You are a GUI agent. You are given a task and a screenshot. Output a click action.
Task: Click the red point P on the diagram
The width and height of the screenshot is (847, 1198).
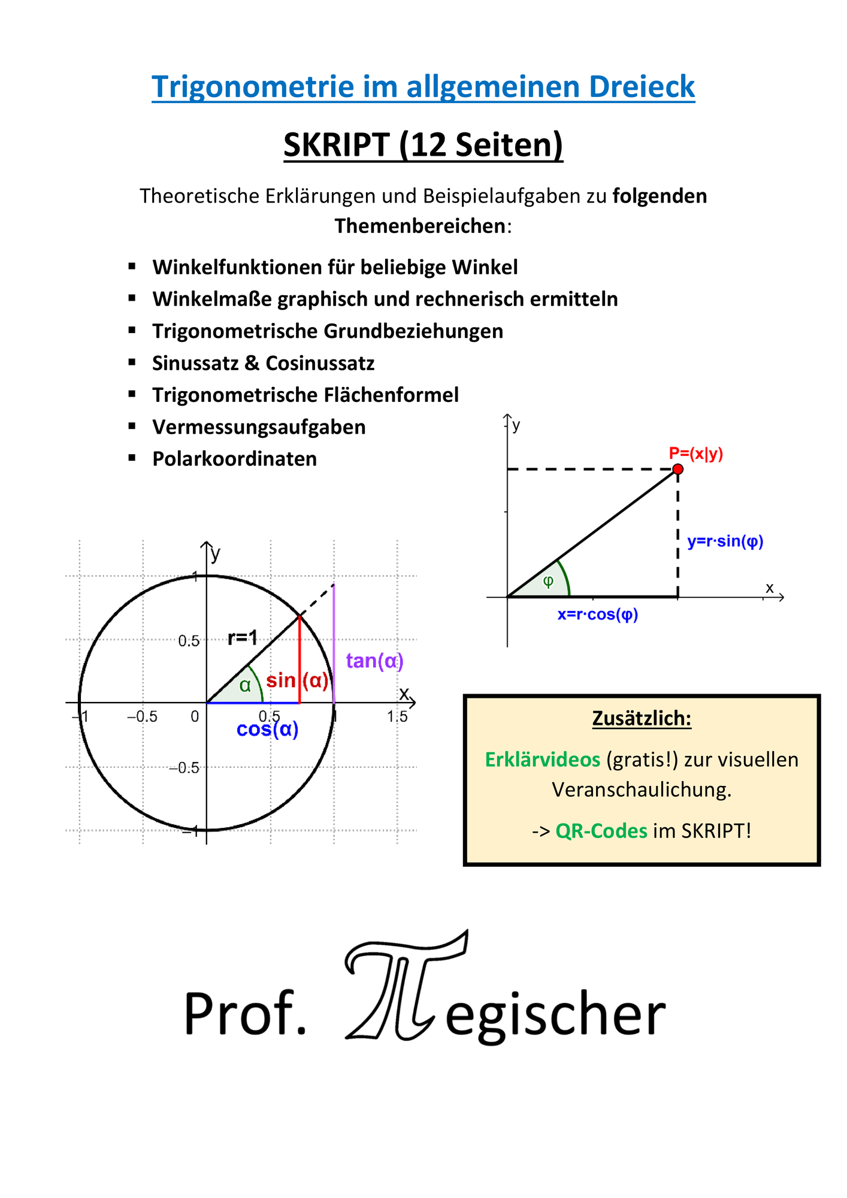(677, 469)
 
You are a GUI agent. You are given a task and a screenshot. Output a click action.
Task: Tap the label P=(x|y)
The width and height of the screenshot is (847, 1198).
(696, 453)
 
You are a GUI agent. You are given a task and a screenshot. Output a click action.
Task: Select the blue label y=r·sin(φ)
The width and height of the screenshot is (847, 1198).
(725, 541)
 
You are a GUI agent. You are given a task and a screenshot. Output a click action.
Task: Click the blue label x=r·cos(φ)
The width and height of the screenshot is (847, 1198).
(598, 615)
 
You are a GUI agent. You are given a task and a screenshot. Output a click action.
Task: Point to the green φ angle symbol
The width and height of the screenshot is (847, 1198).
(548, 581)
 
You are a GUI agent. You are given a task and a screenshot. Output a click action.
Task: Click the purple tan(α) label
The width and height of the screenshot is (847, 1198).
(375, 661)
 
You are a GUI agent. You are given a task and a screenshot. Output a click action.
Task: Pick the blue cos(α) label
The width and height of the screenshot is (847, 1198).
(268, 729)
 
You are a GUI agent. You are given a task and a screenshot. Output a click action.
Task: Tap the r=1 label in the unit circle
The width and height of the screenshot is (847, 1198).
(243, 638)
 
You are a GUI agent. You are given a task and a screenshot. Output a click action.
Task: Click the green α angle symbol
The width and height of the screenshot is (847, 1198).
(245, 686)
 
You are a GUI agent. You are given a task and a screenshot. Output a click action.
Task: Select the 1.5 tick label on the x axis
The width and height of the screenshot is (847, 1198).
(397, 716)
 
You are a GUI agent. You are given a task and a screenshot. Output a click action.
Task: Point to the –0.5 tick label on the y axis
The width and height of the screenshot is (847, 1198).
(184, 768)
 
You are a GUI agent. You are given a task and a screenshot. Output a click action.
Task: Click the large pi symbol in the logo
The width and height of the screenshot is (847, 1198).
(406, 985)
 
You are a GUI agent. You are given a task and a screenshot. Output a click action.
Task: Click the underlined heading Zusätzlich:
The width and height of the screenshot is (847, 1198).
(642, 718)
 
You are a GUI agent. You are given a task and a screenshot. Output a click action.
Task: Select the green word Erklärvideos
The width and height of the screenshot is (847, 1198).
(543, 760)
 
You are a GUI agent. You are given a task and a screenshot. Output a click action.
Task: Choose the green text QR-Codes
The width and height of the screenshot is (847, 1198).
(601, 831)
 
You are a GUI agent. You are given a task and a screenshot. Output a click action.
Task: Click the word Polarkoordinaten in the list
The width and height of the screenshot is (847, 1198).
(235, 459)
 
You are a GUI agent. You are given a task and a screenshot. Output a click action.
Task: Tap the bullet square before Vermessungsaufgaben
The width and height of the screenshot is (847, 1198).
(132, 426)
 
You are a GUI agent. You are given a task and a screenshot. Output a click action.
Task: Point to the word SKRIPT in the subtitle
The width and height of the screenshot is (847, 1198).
(337, 145)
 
